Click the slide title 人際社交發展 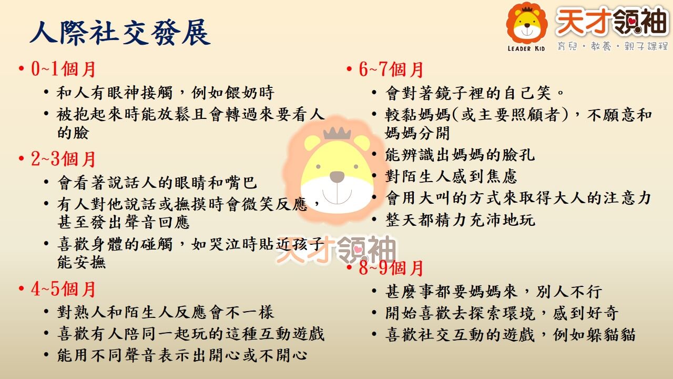pos(120,32)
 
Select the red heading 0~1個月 pos(63,69)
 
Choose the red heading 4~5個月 pos(63,289)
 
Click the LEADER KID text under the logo pos(526,48)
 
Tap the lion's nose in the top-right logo pos(527,26)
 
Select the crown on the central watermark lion pos(337,133)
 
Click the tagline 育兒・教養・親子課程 pos(613,46)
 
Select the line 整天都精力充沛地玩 pos(460,220)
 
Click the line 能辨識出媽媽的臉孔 pos(460,155)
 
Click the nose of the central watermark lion pos(337,176)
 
